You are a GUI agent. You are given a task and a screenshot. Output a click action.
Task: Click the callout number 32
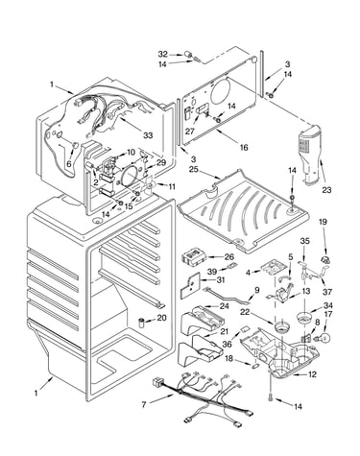tap(162, 54)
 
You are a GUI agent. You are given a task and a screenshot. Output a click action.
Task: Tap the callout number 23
tap(326, 190)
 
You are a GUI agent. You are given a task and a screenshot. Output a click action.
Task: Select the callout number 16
tap(244, 147)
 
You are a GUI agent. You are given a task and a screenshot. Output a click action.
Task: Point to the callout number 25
tap(193, 169)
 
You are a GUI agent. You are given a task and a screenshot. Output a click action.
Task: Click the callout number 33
tap(148, 135)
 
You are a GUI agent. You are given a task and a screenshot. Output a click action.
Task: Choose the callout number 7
tap(144, 405)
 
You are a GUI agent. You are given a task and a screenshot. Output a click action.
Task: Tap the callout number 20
tap(162, 318)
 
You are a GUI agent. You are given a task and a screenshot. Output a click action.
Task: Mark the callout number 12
tap(312, 374)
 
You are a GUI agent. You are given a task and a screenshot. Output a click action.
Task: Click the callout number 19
tap(323, 222)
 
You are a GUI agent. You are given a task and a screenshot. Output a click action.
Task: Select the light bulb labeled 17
tap(324, 337)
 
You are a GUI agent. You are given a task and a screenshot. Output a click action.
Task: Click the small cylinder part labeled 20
tap(141, 323)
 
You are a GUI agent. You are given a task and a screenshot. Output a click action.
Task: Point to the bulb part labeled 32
tap(189, 55)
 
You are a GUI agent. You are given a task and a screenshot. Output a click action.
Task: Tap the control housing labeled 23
tap(309, 155)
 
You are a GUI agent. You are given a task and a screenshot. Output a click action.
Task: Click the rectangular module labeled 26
tap(192, 257)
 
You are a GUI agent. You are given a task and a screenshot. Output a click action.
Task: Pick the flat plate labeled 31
tap(189, 285)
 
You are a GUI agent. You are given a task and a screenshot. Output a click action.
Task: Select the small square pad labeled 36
tap(244, 328)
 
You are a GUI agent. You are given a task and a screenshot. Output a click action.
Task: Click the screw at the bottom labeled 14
tap(271, 397)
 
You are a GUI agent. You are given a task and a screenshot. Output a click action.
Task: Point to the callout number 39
tap(212, 272)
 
